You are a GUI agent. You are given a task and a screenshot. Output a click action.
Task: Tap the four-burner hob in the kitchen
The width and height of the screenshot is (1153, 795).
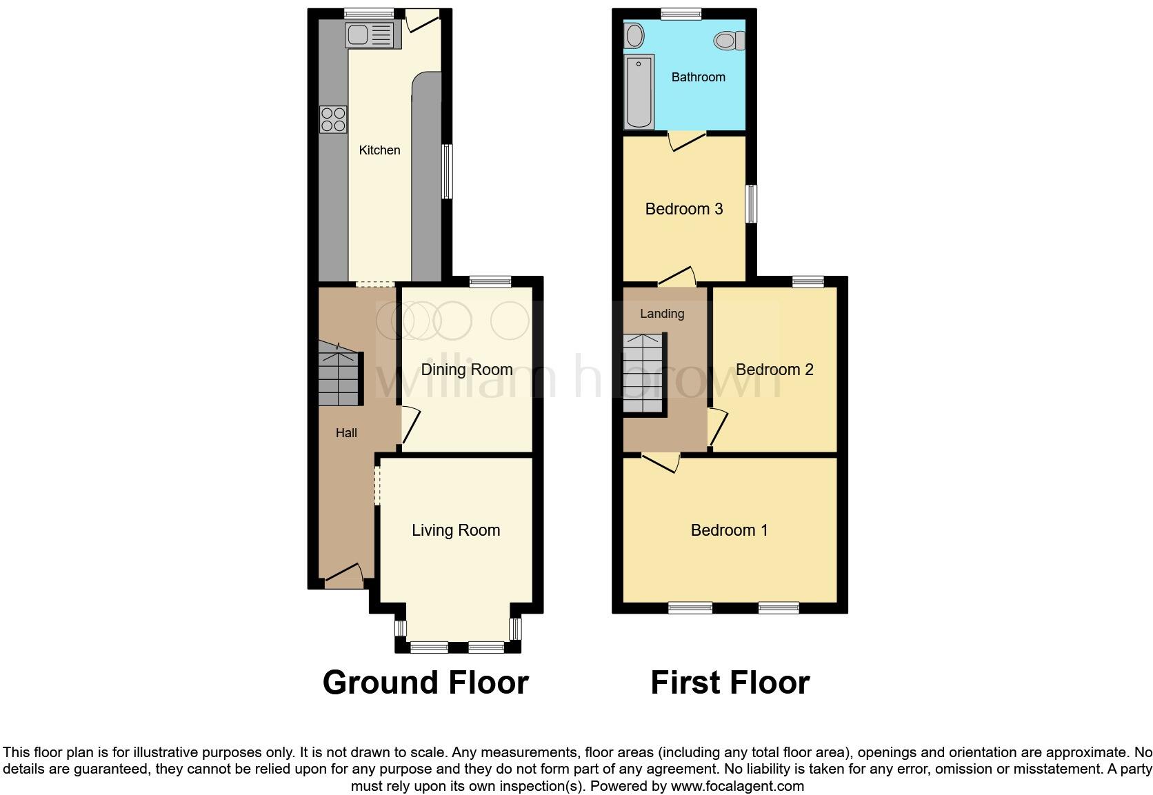point(333,119)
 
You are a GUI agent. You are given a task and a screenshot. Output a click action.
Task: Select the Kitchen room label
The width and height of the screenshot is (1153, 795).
point(379,150)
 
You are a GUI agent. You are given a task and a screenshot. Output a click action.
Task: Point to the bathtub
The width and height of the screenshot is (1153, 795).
point(639,92)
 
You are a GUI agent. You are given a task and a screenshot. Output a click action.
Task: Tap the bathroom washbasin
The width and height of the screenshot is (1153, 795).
point(634,35)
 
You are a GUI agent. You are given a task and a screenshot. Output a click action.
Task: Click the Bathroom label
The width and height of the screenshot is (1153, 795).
point(698,77)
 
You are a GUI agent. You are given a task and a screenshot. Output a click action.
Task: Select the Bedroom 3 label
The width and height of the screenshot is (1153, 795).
point(683,209)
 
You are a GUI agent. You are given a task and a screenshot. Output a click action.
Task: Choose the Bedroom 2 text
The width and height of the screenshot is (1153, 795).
point(774,370)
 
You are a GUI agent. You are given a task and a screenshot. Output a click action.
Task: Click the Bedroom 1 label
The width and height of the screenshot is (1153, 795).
point(729,530)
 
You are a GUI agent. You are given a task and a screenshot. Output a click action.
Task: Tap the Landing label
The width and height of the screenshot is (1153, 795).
point(662,314)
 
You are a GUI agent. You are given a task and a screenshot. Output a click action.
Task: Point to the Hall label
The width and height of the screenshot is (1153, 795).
point(346,433)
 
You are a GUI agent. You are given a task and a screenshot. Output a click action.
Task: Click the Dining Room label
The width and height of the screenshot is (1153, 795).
point(466,370)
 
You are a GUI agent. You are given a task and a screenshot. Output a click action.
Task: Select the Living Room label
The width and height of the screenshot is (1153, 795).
point(455,530)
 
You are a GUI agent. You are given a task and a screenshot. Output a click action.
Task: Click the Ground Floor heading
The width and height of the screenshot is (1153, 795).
point(425,683)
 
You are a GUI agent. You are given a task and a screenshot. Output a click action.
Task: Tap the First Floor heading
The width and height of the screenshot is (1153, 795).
point(730,683)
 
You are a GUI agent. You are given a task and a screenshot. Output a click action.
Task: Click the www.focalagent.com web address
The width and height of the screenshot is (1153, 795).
point(736,786)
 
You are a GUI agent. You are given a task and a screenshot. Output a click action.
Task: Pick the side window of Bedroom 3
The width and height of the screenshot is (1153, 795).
point(752,203)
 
